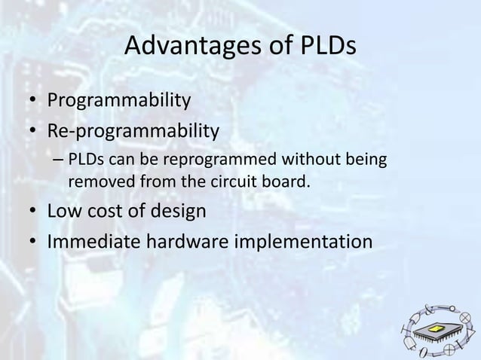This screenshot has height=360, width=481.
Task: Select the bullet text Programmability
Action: (x=119, y=101)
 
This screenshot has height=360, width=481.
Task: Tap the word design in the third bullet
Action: (x=179, y=210)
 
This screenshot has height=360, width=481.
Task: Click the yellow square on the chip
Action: (x=435, y=332)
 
